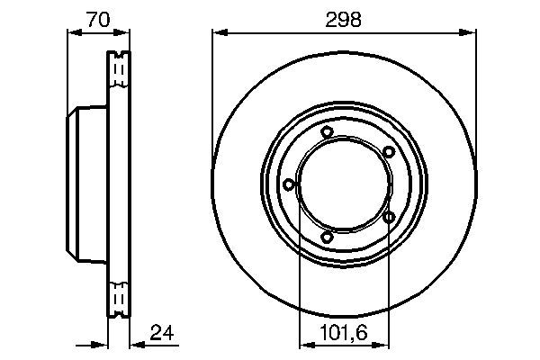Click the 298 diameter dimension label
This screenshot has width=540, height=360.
coord(344,20)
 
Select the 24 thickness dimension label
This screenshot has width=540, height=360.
coord(162,334)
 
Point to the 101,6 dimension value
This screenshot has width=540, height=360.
coord(344,334)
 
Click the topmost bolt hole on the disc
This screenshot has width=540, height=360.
coord(327,133)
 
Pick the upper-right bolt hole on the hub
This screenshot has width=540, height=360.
coord(389,152)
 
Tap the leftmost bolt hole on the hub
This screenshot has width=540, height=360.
coord(288,184)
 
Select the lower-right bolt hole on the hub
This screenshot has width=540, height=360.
coord(389,217)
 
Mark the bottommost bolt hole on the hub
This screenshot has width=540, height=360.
coord(327,237)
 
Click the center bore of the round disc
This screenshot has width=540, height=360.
coord(344,184)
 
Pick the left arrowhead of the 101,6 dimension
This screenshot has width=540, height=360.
coord(303,344)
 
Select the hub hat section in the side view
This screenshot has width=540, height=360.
coord(87,184)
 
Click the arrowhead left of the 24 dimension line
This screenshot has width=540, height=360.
coord(102,344)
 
